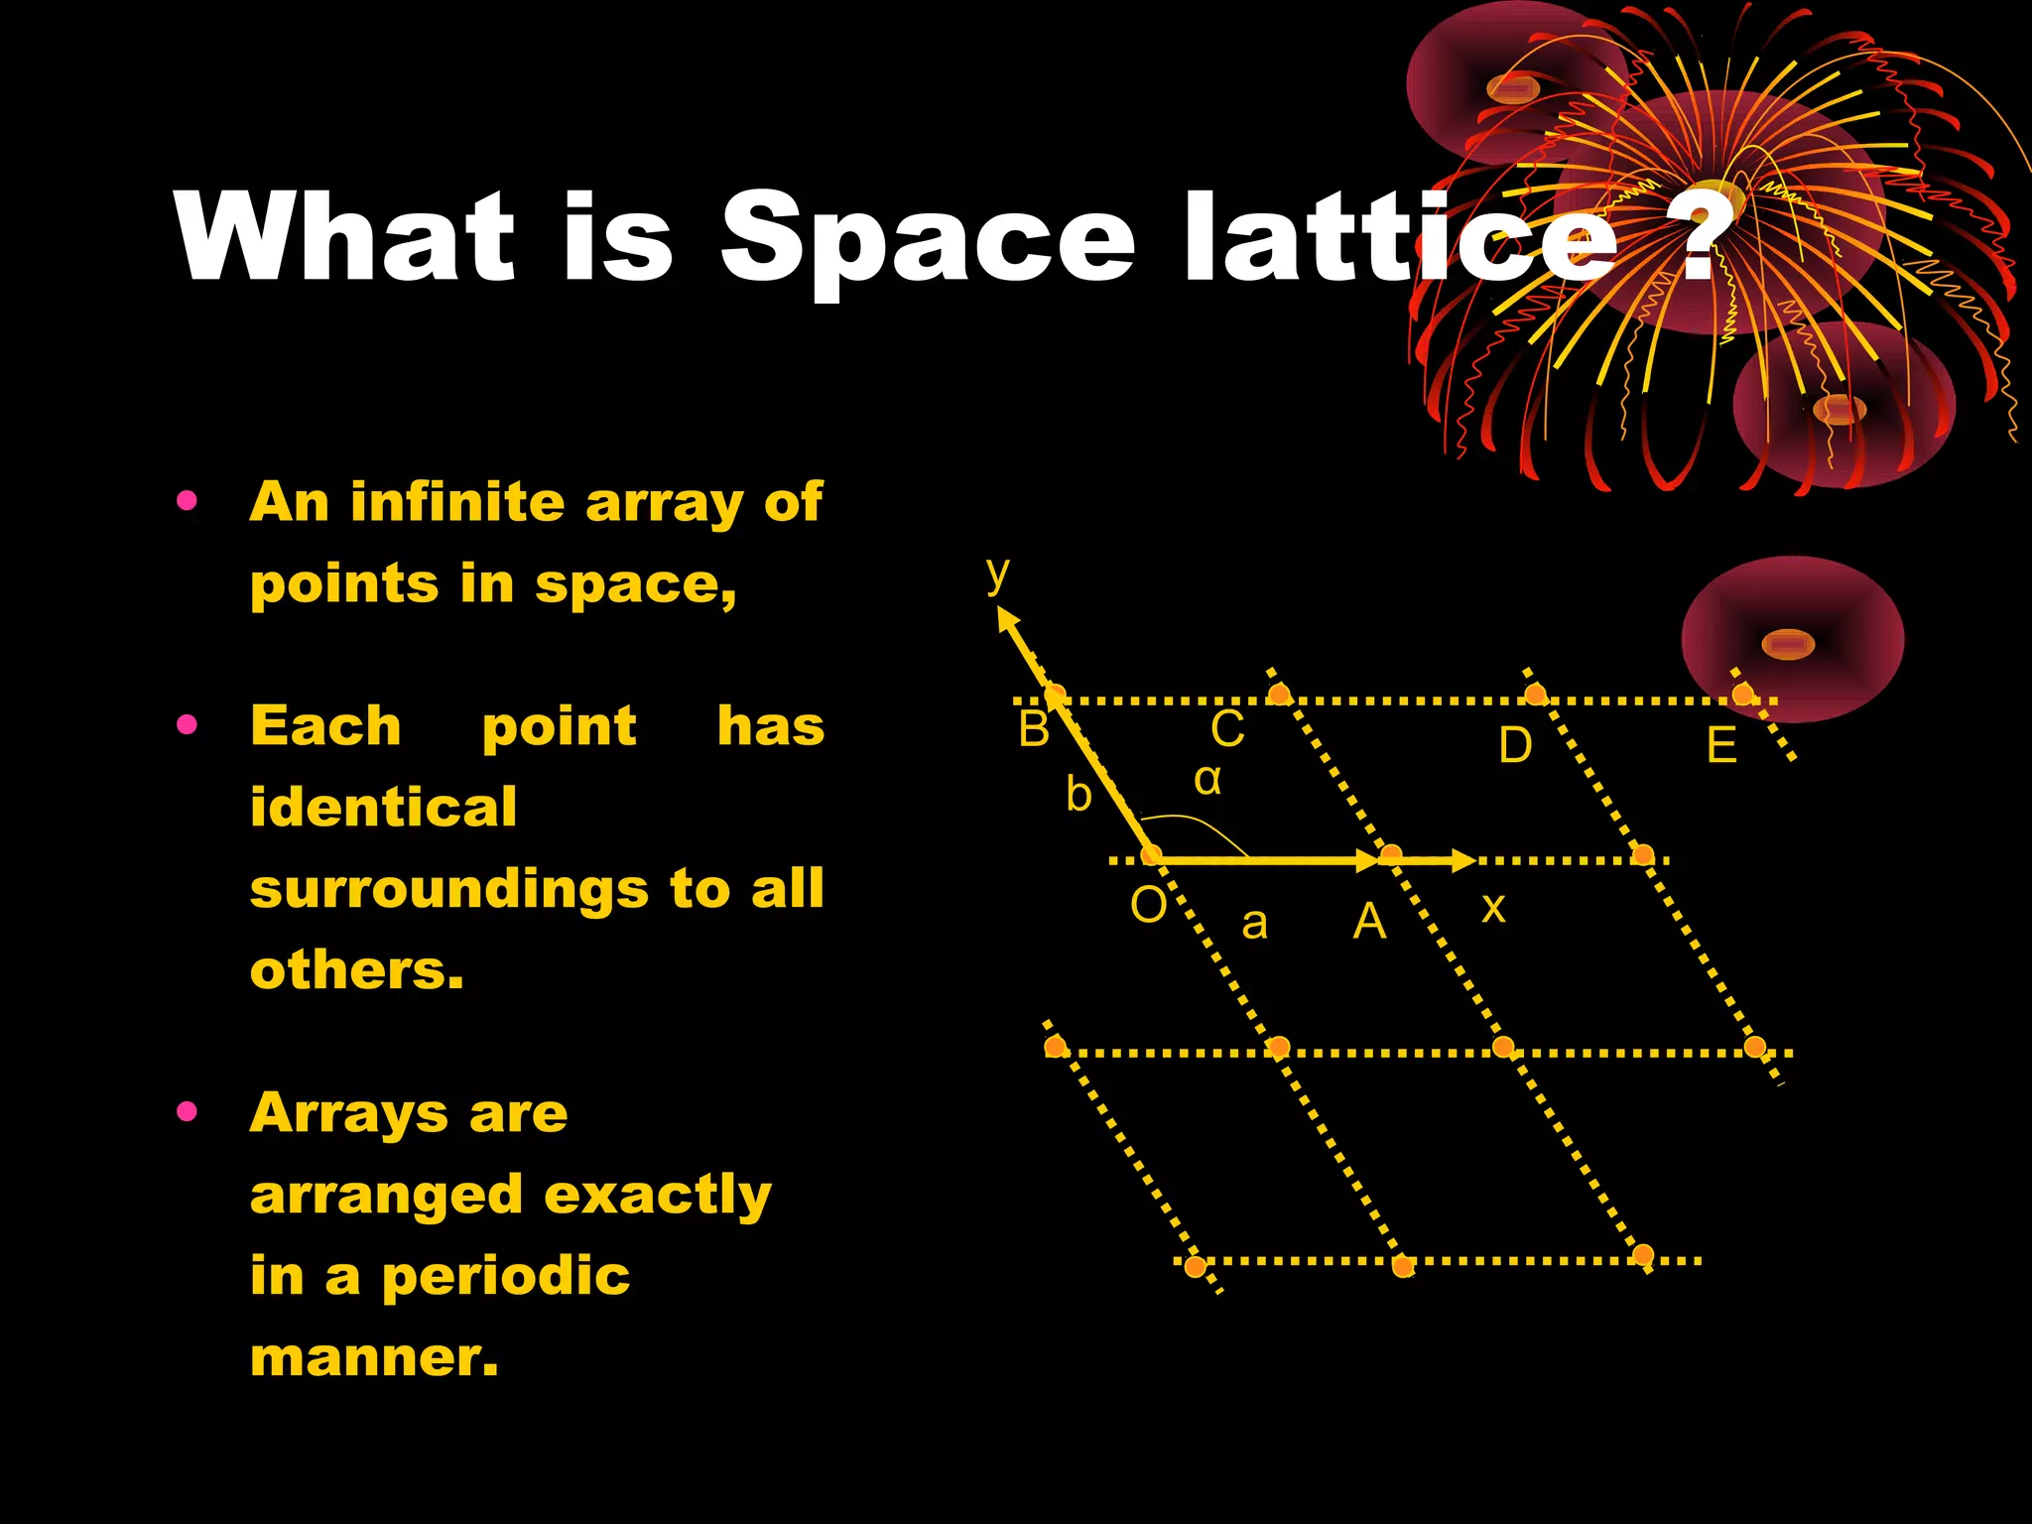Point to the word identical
coord(383,806)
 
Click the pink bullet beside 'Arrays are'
coord(187,1111)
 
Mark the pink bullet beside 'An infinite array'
coord(187,501)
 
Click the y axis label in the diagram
coord(997,573)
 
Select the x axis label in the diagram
coord(1493,907)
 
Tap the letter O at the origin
coord(1149,905)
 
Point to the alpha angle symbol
coord(1207,779)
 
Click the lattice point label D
coord(1515,745)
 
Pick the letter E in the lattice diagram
coord(1721,745)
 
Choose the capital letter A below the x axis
coord(1369,922)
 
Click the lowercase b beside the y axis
coord(1079,795)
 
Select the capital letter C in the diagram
coord(1227,729)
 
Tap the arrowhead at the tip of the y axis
coord(1008,621)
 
